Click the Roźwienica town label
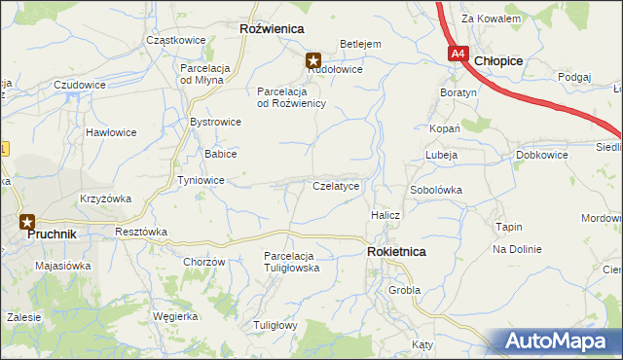[x=272, y=30]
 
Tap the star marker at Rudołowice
[x=314, y=58]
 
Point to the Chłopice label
[x=498, y=60]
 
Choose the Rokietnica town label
[x=396, y=251]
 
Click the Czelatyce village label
[x=336, y=185]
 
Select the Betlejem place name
[x=359, y=44]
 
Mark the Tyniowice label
[x=202, y=181]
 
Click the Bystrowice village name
[x=215, y=123]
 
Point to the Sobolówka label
[x=435, y=190]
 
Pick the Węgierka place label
[x=175, y=316]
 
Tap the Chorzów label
[x=204, y=262]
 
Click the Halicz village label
[x=385, y=214]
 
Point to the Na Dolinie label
[x=516, y=249]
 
